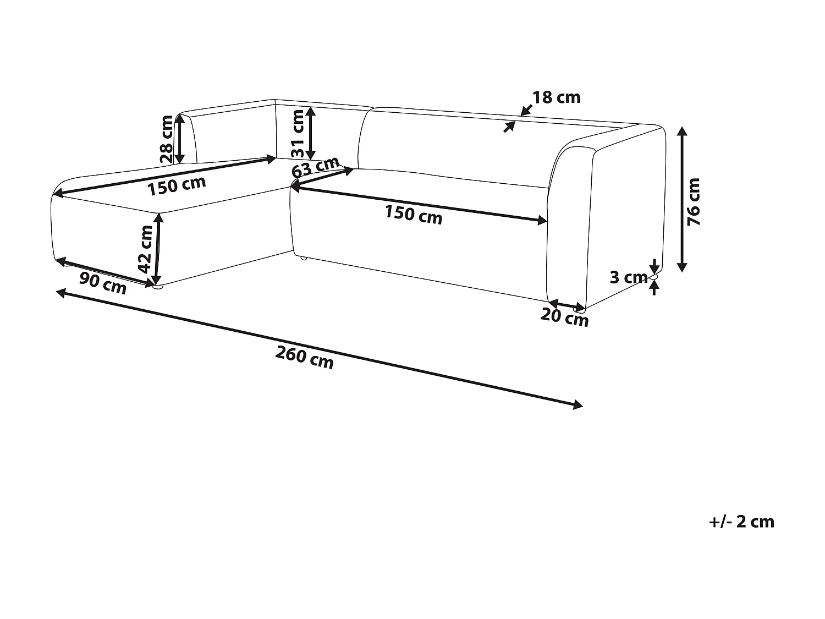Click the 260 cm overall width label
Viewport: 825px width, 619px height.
pyautogui.click(x=304, y=358)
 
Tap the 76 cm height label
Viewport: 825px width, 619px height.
pyautogui.click(x=694, y=201)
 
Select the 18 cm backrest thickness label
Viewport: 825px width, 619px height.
pyautogui.click(x=556, y=98)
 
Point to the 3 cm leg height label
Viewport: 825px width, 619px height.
pyautogui.click(x=629, y=277)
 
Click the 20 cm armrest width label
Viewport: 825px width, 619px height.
pyautogui.click(x=564, y=317)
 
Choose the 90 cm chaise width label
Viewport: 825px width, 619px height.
pyautogui.click(x=103, y=283)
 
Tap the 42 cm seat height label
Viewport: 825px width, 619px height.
pyautogui.click(x=145, y=249)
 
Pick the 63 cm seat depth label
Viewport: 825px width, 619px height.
pyautogui.click(x=315, y=167)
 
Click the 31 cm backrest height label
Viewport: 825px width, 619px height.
pyautogui.click(x=298, y=134)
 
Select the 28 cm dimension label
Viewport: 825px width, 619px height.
pyautogui.click(x=166, y=139)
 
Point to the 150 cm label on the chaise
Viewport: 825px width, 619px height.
pyautogui.click(x=177, y=186)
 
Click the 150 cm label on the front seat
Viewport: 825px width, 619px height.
pyautogui.click(x=414, y=215)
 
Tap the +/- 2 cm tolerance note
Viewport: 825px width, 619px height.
pyautogui.click(x=741, y=522)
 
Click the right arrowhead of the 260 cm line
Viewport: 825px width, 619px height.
pyautogui.click(x=578, y=405)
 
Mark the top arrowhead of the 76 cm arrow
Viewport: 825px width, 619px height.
pyautogui.click(x=682, y=131)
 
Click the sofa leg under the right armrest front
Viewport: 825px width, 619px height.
pyautogui.click(x=579, y=310)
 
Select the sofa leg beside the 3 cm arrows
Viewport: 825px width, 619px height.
pyautogui.click(x=654, y=276)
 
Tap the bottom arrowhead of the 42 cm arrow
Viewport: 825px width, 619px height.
pyautogui.click(x=156, y=281)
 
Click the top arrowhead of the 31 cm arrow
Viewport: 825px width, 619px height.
pyautogui.click(x=310, y=111)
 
